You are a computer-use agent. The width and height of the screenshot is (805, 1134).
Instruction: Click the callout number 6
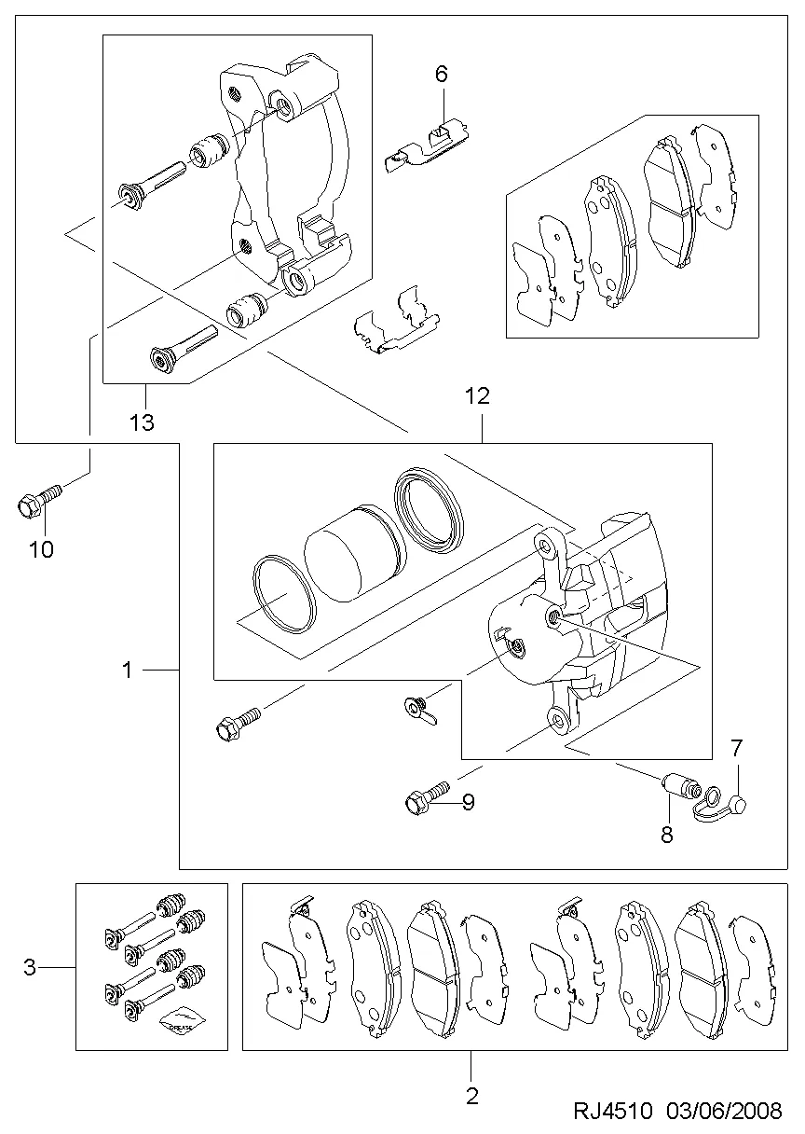(x=441, y=75)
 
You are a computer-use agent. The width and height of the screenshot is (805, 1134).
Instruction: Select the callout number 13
(x=142, y=422)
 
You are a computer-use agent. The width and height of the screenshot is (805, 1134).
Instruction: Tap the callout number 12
(x=477, y=396)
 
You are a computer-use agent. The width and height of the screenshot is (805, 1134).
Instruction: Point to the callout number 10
(x=42, y=549)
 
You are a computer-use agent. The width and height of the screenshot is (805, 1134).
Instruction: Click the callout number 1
(x=127, y=670)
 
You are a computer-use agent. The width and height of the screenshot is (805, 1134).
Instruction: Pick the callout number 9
(x=469, y=802)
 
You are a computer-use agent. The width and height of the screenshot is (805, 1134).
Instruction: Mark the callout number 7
(x=736, y=747)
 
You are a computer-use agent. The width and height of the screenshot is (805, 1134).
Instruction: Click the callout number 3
(x=30, y=967)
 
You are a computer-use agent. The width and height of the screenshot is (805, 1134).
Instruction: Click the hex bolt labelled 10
(x=39, y=501)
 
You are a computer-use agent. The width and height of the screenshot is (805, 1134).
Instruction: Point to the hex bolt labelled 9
(x=428, y=797)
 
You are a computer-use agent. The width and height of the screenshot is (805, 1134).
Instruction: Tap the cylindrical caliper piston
(x=354, y=553)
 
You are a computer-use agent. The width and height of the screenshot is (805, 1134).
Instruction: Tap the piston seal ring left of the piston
(x=284, y=594)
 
